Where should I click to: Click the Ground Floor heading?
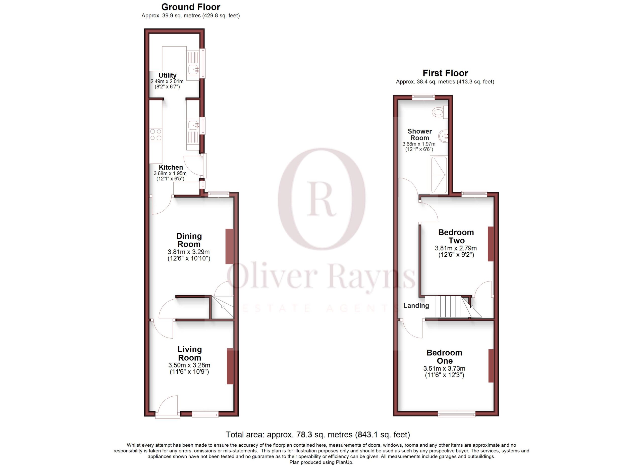click(191, 7)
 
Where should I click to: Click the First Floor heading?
click(445, 73)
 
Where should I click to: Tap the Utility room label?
click(167, 75)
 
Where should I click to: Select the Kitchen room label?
click(171, 167)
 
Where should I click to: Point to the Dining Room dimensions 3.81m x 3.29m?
click(189, 252)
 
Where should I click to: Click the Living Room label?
click(189, 353)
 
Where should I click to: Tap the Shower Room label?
click(420, 135)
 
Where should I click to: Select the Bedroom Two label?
click(456, 236)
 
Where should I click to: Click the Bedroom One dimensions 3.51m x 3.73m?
click(444, 368)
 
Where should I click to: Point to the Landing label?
click(416, 305)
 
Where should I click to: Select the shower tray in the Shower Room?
click(439, 174)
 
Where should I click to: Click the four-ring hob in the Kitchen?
click(156, 135)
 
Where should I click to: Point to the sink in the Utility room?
click(194, 69)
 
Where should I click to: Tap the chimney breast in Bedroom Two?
click(491, 244)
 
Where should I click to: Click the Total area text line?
click(317, 435)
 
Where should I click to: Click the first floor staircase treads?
click(446, 307)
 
